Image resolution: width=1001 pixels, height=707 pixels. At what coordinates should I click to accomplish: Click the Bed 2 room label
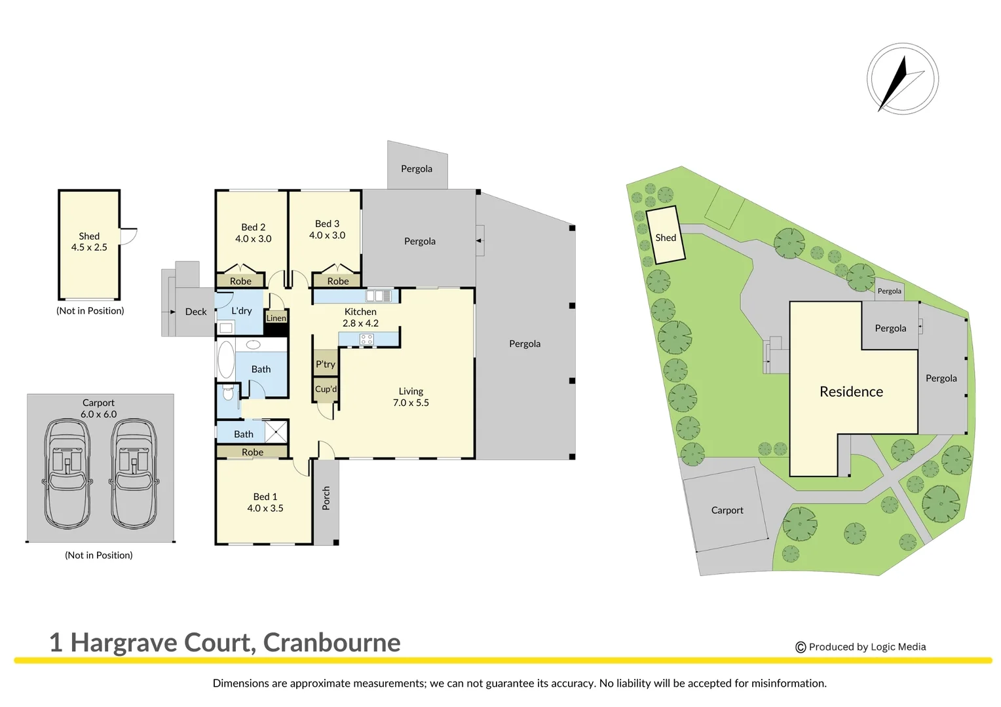click(x=253, y=227)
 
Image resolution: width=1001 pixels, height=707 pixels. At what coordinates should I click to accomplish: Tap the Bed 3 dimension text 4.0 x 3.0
click(x=327, y=235)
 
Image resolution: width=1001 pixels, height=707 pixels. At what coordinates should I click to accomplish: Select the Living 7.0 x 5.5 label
click(x=411, y=397)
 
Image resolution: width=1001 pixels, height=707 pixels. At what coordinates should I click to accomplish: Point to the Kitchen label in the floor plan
click(x=360, y=312)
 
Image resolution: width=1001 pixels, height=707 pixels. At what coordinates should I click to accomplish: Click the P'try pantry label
click(x=325, y=364)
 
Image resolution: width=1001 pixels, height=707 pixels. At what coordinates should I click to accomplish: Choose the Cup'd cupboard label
click(x=326, y=389)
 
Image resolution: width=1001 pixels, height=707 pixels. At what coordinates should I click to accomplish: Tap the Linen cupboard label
click(x=276, y=318)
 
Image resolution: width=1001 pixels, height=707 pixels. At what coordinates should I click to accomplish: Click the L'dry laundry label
click(x=241, y=311)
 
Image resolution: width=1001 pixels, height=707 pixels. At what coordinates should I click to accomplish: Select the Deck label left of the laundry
click(x=195, y=312)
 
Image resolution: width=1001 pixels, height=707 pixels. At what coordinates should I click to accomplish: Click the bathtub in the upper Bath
click(x=226, y=359)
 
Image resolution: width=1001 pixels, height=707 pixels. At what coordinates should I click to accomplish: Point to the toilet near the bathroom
click(x=228, y=393)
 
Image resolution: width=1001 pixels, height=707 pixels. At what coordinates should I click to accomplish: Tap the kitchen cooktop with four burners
click(x=366, y=339)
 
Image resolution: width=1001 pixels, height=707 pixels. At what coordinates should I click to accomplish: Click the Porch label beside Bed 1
click(x=326, y=498)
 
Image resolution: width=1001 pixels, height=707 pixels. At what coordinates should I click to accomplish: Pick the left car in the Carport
click(x=67, y=473)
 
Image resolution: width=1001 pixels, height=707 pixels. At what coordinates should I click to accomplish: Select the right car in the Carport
click(x=134, y=473)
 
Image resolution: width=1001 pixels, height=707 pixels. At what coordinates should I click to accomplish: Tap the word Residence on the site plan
click(x=851, y=391)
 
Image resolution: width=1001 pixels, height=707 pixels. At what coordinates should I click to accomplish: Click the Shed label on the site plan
click(x=666, y=238)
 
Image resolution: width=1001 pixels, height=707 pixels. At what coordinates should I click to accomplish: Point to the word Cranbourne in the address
click(x=331, y=643)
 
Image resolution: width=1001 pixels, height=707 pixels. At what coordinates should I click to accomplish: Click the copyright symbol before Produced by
click(x=801, y=647)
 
